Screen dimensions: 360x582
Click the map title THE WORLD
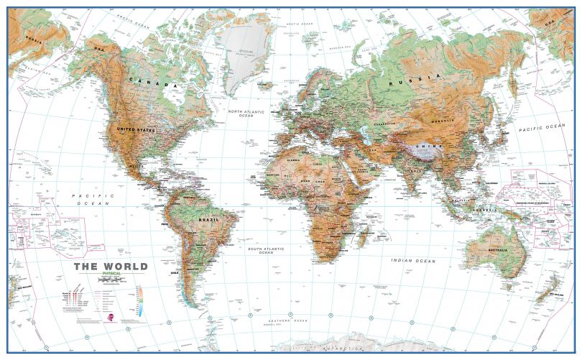coord(111,266)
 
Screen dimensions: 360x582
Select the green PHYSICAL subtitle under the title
coord(111,274)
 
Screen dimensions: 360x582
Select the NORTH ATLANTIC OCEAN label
coord(246,114)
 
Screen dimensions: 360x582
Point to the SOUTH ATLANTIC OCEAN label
coord(266,251)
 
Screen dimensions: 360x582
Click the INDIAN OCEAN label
coord(413,260)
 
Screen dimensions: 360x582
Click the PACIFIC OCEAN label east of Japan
coord(542,127)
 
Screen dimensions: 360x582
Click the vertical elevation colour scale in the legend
coord(141,297)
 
